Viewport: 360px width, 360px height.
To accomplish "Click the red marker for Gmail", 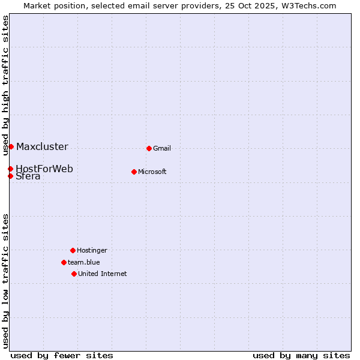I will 149,148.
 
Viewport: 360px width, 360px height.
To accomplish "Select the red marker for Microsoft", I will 134,172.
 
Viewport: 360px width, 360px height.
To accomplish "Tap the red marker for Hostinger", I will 73,250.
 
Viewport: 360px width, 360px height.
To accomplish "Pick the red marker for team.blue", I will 64,262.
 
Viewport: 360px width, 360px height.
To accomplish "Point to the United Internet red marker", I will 74,274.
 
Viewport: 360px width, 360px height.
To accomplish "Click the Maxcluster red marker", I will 11,146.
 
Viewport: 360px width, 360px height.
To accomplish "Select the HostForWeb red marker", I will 10,169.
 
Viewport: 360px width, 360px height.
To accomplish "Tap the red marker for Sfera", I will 10,176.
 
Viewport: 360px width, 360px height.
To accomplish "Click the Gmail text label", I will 162,148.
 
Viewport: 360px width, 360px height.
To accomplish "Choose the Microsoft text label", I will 152,172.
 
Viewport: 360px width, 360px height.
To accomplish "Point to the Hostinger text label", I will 92,250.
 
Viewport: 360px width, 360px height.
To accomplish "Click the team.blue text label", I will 84,262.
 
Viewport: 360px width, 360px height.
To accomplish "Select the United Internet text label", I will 103,274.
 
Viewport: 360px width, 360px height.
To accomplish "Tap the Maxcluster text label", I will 42,146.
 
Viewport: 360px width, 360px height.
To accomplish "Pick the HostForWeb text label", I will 44,169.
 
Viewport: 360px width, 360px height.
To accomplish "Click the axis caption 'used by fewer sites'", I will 62,355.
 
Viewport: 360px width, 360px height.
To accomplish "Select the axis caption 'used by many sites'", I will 301,355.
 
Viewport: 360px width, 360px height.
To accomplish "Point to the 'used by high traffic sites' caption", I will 6,85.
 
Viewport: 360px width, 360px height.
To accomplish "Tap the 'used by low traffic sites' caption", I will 6,281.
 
